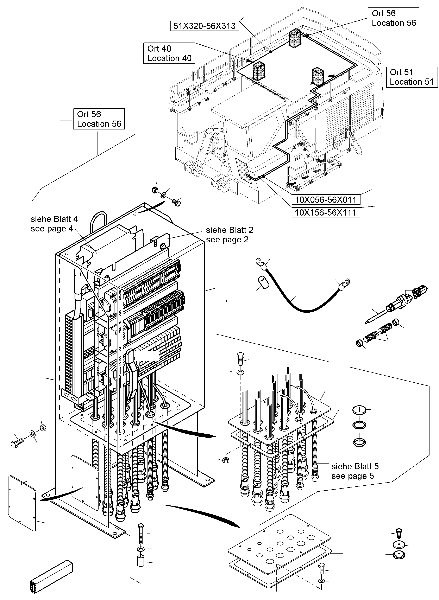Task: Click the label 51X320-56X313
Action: (x=204, y=26)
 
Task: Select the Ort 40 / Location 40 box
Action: (x=169, y=53)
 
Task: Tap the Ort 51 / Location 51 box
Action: (x=412, y=77)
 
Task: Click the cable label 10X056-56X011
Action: (x=326, y=199)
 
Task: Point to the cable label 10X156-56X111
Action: (x=326, y=212)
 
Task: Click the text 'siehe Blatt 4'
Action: (x=54, y=219)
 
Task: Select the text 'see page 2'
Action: (x=227, y=240)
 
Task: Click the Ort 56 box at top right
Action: (x=394, y=18)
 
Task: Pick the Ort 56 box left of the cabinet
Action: (x=99, y=119)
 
